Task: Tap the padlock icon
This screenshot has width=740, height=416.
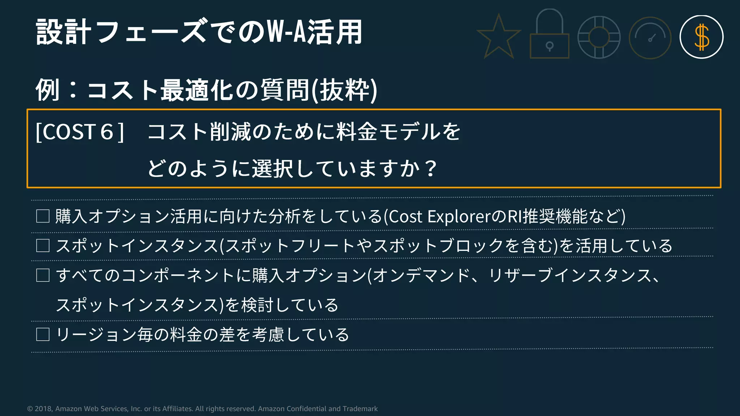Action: coord(549,36)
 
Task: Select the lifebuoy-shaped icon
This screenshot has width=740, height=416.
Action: coord(599,37)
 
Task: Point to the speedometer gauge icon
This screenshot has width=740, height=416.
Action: coord(650,38)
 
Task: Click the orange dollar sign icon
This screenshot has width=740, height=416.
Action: coord(701,37)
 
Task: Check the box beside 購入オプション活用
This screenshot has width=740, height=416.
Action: coord(43,216)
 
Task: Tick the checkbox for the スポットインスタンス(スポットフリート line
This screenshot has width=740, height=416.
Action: coord(43,246)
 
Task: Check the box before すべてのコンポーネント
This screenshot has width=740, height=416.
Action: coord(43,276)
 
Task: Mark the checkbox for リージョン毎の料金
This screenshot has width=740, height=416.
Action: coord(43,334)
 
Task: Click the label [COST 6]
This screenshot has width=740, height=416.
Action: coord(80,132)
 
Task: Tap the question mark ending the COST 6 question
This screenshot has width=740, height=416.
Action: coord(431,168)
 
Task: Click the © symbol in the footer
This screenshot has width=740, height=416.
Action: coord(30,409)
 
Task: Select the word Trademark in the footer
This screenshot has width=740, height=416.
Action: coord(360,409)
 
